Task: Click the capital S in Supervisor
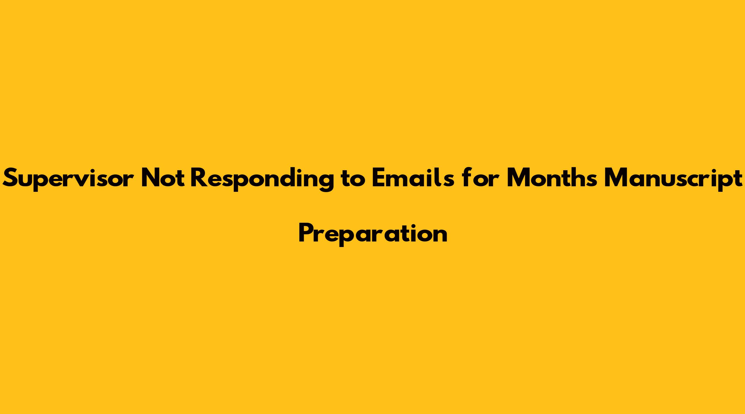[x=11, y=178]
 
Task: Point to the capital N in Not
[x=150, y=178]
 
